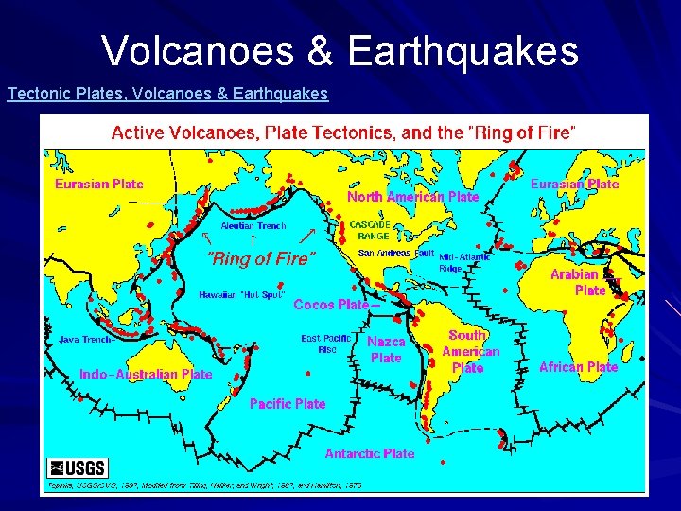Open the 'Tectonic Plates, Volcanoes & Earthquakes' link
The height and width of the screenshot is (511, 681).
(167, 94)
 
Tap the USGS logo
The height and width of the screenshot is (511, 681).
(78, 467)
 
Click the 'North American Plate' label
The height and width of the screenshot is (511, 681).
(412, 197)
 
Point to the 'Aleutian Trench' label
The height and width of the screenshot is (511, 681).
(253, 226)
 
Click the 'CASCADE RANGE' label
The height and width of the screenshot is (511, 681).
(369, 229)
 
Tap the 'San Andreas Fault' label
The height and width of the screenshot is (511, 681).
(396, 254)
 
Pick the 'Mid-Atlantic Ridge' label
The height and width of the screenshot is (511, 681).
(463, 262)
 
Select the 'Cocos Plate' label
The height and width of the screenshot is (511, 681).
(333, 305)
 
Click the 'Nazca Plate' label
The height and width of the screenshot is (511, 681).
(386, 349)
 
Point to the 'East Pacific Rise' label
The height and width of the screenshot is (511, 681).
(325, 344)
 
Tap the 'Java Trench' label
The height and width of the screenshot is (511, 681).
(86, 339)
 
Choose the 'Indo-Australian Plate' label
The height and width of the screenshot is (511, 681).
(146, 374)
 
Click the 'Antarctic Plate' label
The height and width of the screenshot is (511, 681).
(370, 453)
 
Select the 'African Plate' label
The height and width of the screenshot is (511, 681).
(578, 366)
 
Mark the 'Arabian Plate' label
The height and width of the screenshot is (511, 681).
(577, 282)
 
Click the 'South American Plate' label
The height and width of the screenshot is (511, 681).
(469, 351)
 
